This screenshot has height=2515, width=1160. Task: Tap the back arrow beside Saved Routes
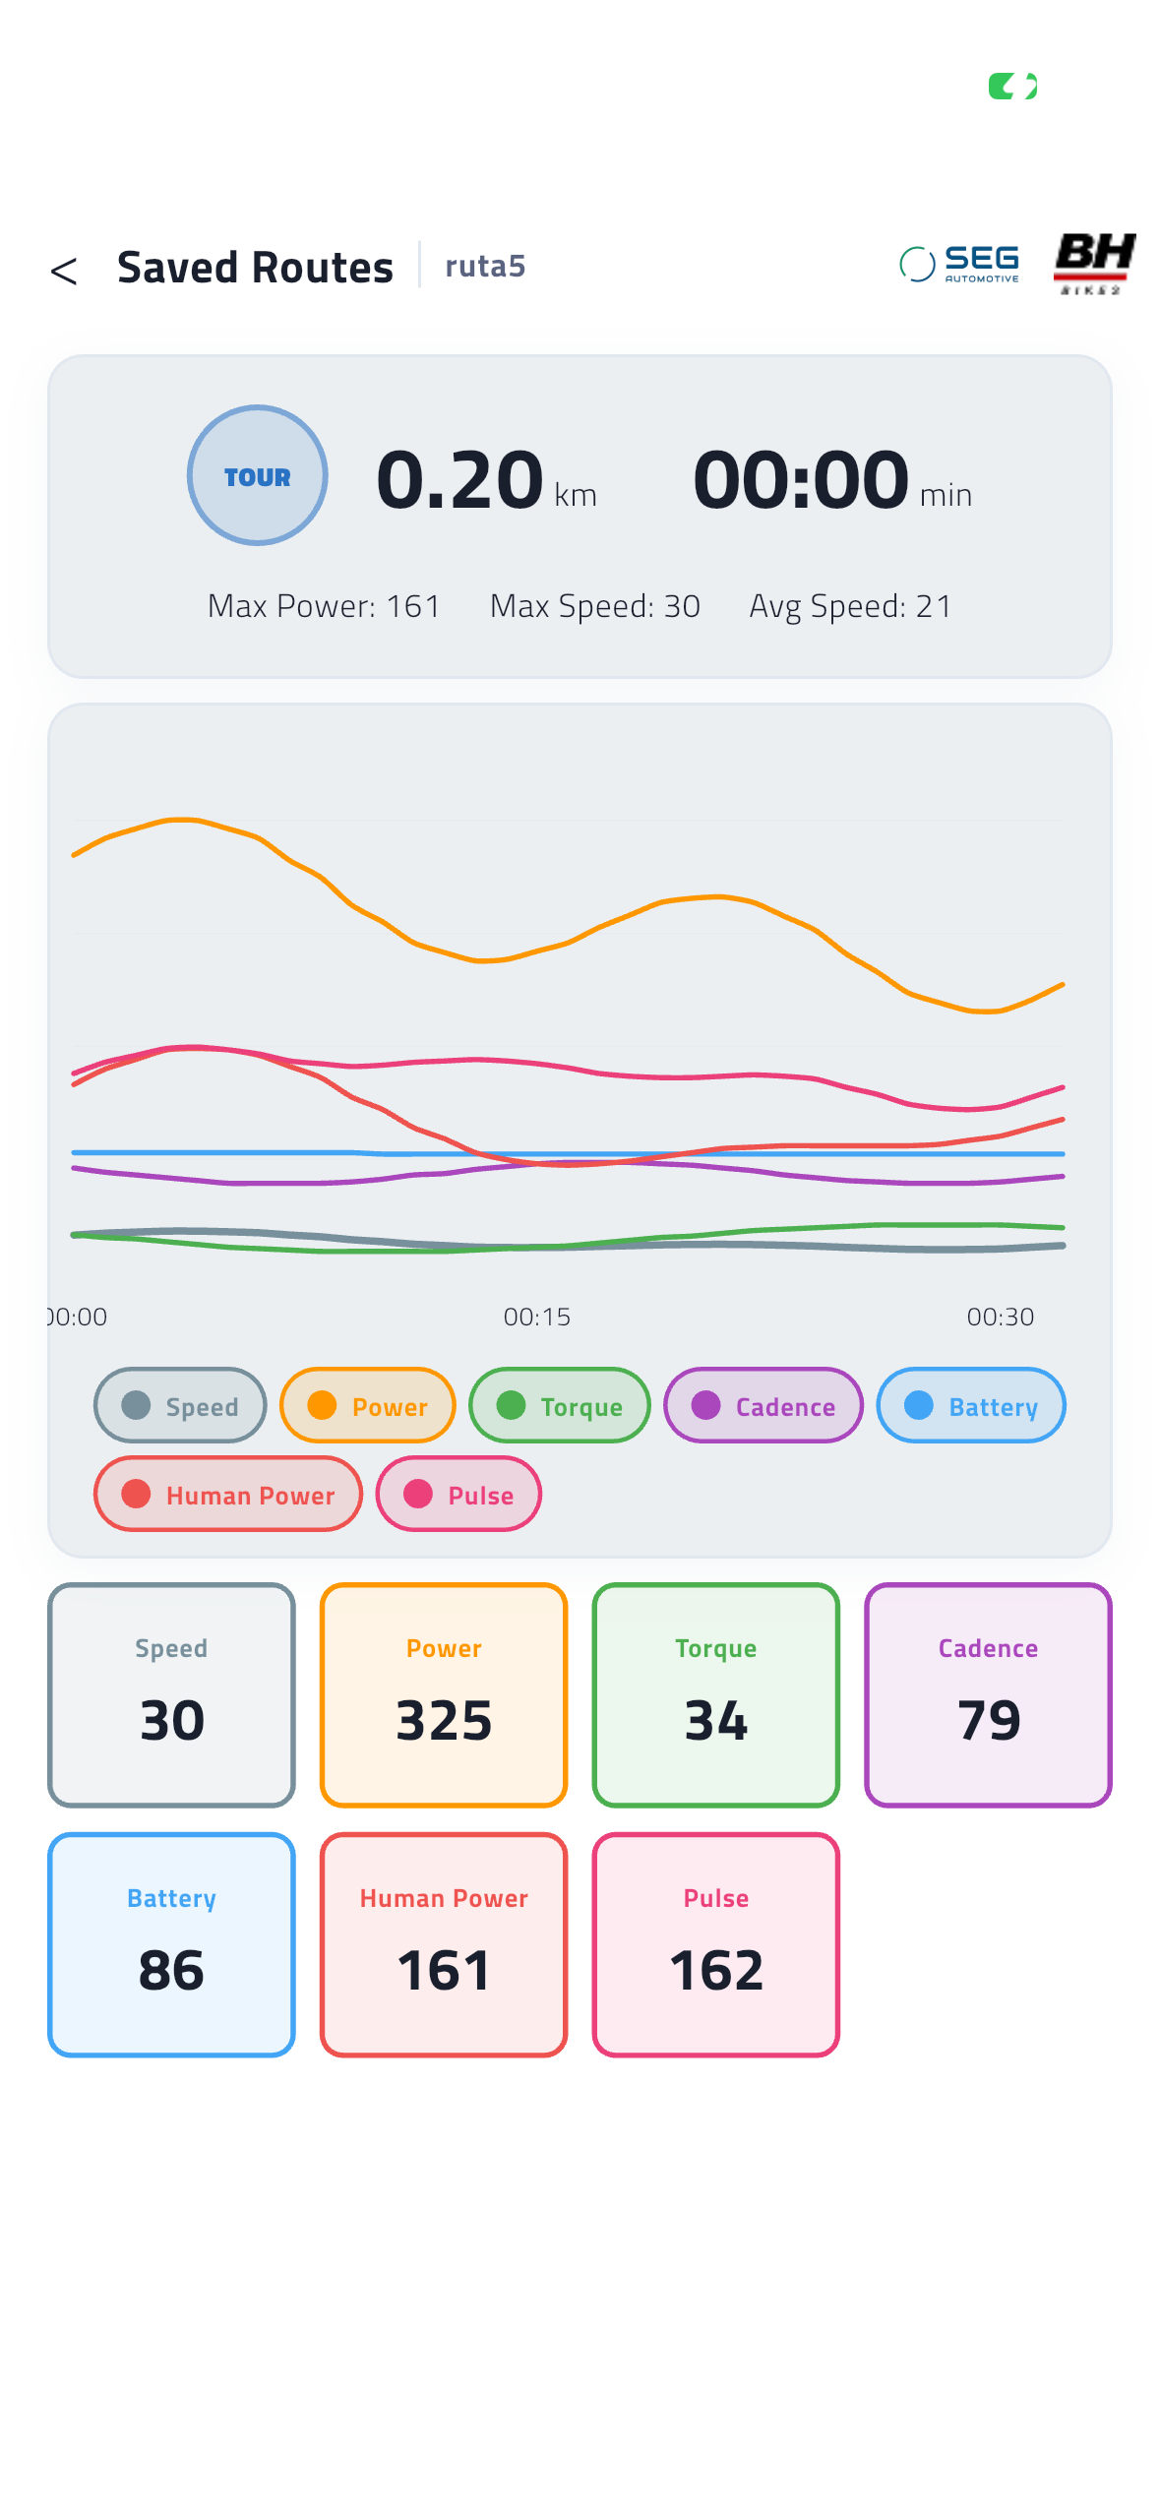coord(64,271)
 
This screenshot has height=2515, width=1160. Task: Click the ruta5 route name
coord(485,266)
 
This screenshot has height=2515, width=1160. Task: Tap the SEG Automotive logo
coord(959,264)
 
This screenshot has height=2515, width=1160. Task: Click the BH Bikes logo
coord(1094,263)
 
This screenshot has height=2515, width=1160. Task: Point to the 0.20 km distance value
coord(486,479)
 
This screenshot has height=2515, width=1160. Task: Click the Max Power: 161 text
coord(324,606)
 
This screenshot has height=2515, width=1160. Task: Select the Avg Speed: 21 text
coord(850,606)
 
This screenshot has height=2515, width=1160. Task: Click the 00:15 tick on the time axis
coord(537,1317)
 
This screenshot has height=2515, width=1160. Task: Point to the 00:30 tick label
coord(1001,1317)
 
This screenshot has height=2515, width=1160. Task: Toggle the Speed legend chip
coord(180,1405)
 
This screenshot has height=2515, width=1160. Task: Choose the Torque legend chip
coord(560,1405)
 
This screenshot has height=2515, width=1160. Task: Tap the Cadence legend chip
coord(763,1405)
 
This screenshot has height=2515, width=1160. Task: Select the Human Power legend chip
coord(228,1494)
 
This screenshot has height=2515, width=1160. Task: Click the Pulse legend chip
coord(458,1494)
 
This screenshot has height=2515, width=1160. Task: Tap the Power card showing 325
coord(444,1694)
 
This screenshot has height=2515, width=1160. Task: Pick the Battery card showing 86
coord(171,1944)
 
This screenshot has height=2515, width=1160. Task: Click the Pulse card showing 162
coord(716,1944)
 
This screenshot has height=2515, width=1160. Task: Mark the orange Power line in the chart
coord(567,943)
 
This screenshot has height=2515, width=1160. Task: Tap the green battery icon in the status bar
coord(1012,87)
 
